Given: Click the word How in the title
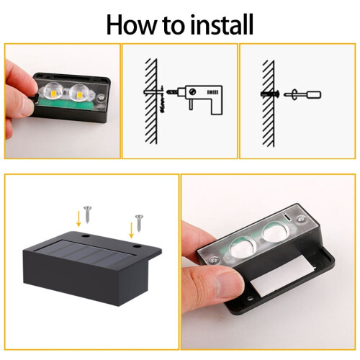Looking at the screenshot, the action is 131,24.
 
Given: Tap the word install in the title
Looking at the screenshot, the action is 222,24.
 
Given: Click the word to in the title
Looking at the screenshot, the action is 174,25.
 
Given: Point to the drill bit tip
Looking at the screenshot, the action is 167,91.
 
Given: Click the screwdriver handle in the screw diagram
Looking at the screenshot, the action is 314,94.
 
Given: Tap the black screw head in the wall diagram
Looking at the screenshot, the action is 277,94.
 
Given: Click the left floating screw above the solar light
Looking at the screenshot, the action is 87,215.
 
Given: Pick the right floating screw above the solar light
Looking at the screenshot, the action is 139,223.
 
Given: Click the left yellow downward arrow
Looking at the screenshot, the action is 78,218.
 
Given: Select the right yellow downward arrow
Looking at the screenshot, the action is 131,230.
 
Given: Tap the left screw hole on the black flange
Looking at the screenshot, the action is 85,236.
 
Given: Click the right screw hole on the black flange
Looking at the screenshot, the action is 137,246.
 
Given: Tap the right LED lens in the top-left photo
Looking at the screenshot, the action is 78,92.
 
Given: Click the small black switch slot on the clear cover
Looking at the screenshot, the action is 287,217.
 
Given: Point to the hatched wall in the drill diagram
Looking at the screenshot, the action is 151,101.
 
